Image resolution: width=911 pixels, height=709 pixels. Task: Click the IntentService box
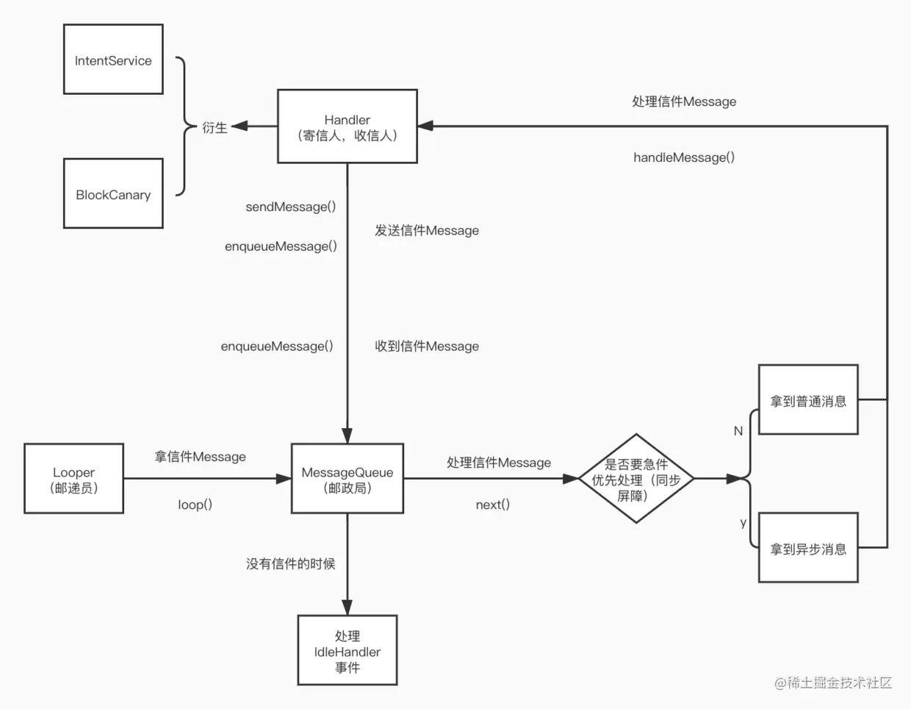113,60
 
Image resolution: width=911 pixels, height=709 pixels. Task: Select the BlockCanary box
113,193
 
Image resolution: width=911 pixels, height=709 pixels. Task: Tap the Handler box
347,127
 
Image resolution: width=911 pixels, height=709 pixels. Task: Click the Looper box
73,479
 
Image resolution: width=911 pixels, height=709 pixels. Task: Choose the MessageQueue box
347,479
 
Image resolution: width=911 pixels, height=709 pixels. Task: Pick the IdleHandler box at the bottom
347,651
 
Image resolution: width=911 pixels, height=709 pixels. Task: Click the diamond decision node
635,479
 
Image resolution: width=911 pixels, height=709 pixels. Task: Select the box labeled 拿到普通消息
808,400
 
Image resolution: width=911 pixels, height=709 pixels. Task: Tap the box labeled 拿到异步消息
808,548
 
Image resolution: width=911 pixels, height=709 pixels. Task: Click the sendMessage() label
290,207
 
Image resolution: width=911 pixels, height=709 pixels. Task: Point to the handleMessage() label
683,157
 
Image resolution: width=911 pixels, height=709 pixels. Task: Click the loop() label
195,505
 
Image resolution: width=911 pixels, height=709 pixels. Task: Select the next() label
492,505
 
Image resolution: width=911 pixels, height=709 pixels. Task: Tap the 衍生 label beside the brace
215,128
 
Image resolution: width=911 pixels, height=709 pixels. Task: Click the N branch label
738,431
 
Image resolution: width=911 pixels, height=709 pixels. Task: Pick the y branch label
743,522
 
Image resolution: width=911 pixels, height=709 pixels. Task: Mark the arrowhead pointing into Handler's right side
425,127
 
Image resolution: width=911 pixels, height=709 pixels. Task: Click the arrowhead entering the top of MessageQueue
347,435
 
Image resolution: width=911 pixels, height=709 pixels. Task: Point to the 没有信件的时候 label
290,564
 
